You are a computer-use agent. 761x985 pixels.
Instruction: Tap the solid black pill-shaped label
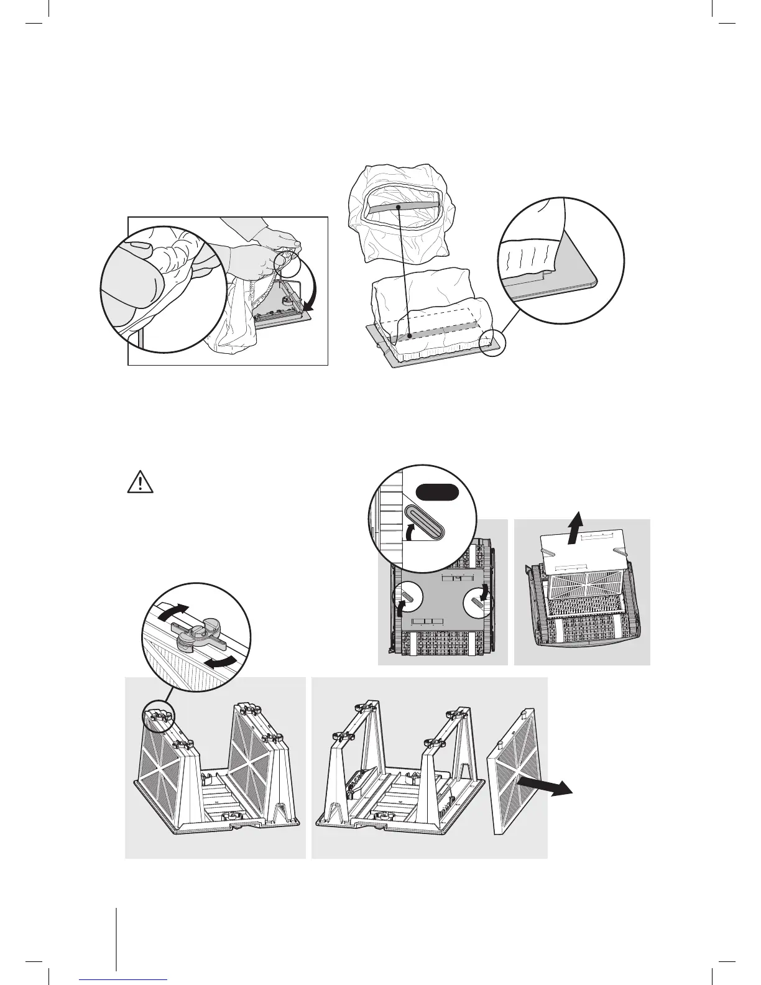pyautogui.click(x=438, y=492)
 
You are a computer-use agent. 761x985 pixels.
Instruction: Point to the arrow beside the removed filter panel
pyautogui.click(x=549, y=786)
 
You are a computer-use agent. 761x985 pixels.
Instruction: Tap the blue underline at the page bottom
pyautogui.click(x=123, y=978)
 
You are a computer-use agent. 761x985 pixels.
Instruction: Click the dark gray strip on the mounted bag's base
pyautogui.click(x=435, y=330)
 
